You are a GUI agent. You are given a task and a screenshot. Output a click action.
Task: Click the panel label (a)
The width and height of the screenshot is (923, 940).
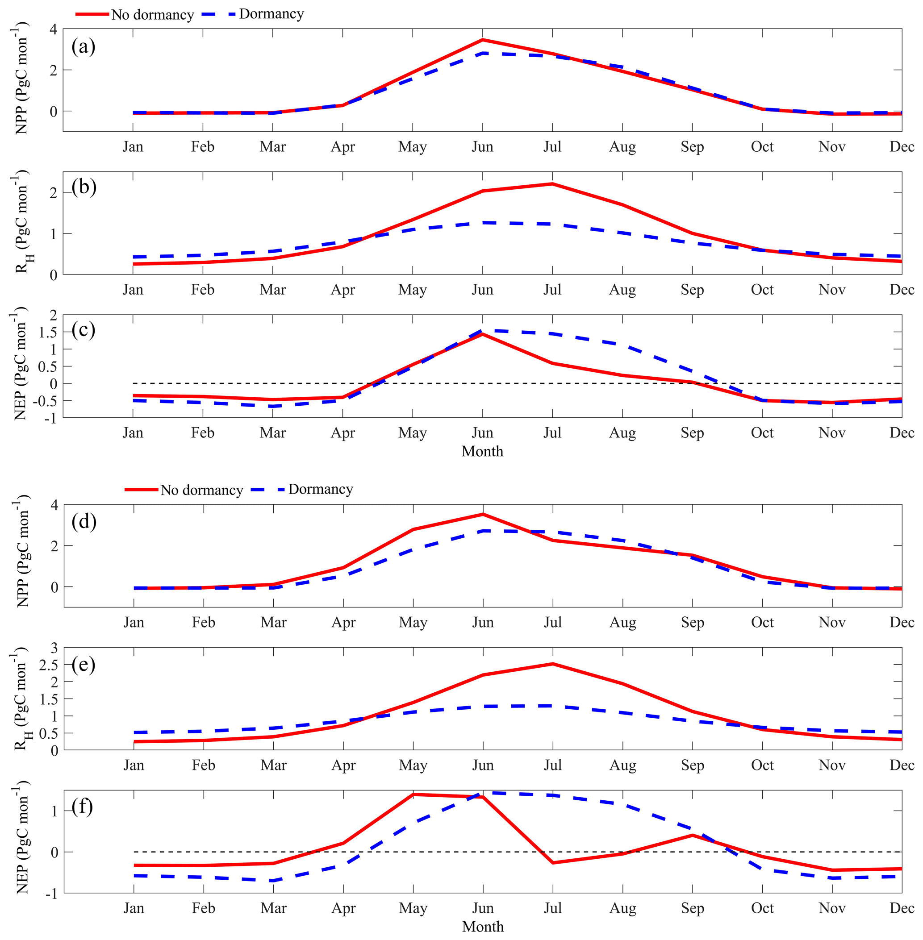coord(83,47)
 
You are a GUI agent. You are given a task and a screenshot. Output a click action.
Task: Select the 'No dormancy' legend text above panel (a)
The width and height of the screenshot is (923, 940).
coord(152,15)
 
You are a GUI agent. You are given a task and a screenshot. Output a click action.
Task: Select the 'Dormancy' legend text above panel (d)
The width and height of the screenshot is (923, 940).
coord(321,489)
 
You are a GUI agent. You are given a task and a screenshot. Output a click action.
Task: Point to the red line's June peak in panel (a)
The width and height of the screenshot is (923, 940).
coord(482,40)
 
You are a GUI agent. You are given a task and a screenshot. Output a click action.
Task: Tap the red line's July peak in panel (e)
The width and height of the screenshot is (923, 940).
coord(553,664)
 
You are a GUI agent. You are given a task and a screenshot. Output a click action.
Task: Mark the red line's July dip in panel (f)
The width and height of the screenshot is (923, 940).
coord(553,863)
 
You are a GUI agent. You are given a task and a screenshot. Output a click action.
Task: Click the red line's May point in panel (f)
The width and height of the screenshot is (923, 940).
coord(413,794)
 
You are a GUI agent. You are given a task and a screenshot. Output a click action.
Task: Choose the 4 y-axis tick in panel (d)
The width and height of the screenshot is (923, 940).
coord(53,505)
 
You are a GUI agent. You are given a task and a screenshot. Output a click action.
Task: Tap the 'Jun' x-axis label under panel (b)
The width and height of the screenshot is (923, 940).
coord(482,290)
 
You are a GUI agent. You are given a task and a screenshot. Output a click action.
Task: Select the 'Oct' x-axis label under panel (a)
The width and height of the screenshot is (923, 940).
coord(762,147)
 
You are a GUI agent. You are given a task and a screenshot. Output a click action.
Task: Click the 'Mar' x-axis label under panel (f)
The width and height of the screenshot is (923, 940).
coord(273,908)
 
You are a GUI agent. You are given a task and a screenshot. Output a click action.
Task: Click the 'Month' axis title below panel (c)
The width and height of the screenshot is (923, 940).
coord(482,451)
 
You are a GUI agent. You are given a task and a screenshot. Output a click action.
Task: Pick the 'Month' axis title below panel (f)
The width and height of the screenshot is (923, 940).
coord(483,927)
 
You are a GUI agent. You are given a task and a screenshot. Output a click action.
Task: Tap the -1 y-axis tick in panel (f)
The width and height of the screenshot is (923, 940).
coord(51,894)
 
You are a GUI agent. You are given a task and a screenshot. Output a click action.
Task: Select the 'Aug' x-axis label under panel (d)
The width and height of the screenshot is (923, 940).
coord(622,623)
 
